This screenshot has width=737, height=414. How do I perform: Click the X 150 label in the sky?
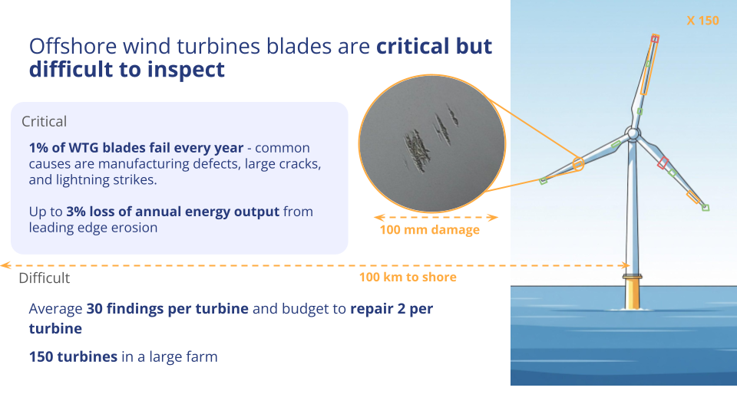pyautogui.click(x=702, y=21)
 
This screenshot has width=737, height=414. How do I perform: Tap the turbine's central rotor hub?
pyautogui.click(x=633, y=133)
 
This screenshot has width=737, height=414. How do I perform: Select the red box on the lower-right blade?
pyautogui.click(x=663, y=163)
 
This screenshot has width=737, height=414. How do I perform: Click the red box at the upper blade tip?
pyautogui.click(x=655, y=38)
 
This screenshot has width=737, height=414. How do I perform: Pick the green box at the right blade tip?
pyautogui.click(x=705, y=208)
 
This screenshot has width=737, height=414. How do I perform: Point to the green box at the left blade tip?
pyautogui.click(x=544, y=181)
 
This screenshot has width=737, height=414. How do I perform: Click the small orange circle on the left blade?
pyautogui.click(x=578, y=164)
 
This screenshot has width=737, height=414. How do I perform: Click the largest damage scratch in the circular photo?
pyautogui.click(x=417, y=149)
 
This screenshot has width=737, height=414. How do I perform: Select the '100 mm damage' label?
pyautogui.click(x=430, y=230)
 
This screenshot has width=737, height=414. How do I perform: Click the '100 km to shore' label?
pyautogui.click(x=408, y=277)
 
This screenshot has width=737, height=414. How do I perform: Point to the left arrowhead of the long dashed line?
pyautogui.click(x=5, y=266)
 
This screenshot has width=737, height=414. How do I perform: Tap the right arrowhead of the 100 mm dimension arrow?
pyautogui.click(x=493, y=217)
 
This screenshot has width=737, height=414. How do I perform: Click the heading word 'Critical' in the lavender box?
pyautogui.click(x=45, y=122)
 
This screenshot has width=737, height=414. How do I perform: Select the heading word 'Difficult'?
pyautogui.click(x=45, y=278)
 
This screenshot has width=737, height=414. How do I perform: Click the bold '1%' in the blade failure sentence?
pyautogui.click(x=38, y=148)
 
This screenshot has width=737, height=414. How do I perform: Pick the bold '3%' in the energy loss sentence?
pyautogui.click(x=76, y=212)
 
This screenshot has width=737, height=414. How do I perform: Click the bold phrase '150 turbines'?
pyautogui.click(x=73, y=356)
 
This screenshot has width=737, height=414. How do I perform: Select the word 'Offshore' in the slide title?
pyautogui.click(x=73, y=47)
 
